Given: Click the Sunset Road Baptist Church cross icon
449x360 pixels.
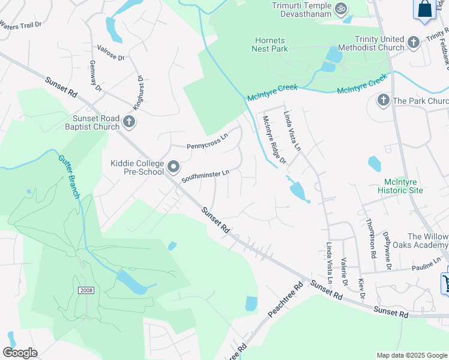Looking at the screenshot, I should tap(128, 122).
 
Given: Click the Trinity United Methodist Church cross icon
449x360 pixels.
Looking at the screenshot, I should tap(413, 43).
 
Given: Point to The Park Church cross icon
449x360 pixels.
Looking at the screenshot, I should tap(383, 100).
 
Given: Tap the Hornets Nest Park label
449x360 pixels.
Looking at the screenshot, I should tap(270, 44).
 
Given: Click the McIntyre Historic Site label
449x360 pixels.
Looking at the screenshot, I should tap(400, 186).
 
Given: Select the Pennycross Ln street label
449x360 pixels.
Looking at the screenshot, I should tap(207, 142).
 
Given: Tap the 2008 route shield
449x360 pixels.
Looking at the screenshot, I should tap(86, 290).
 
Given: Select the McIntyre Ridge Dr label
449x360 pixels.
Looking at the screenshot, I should tap(274, 139).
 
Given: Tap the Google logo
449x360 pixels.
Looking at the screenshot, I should tap(20, 353).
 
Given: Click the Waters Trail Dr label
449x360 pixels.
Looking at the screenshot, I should tap(21, 26).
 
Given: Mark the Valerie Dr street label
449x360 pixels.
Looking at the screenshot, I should tap(344, 271).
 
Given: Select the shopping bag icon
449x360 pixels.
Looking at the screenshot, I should tap(424, 9).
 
